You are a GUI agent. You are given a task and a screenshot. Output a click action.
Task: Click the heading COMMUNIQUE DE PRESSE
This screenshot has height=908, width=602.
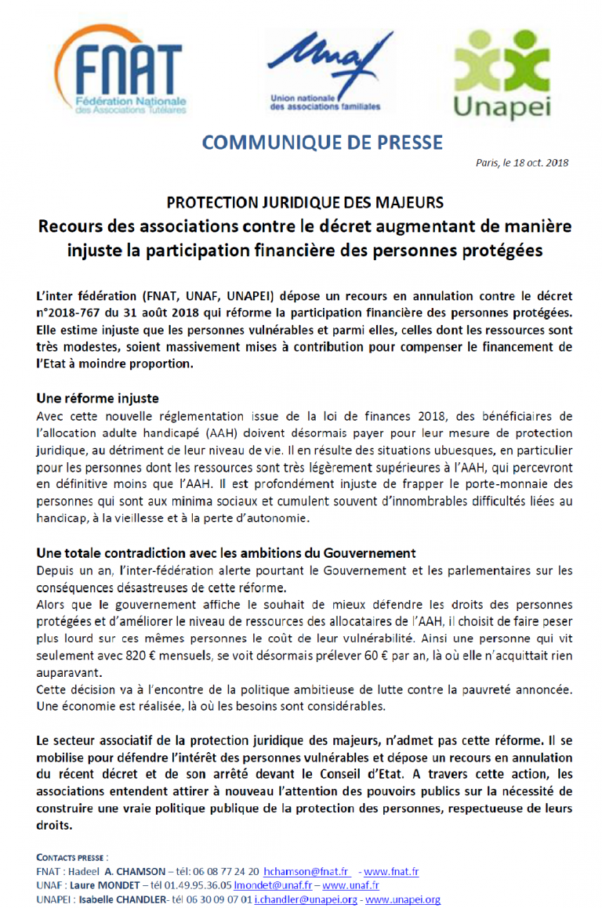(322, 143)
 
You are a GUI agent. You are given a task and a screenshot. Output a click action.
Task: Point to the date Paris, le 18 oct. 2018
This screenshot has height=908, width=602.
(522, 164)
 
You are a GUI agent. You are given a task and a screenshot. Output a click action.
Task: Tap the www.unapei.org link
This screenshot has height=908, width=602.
(403, 899)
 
